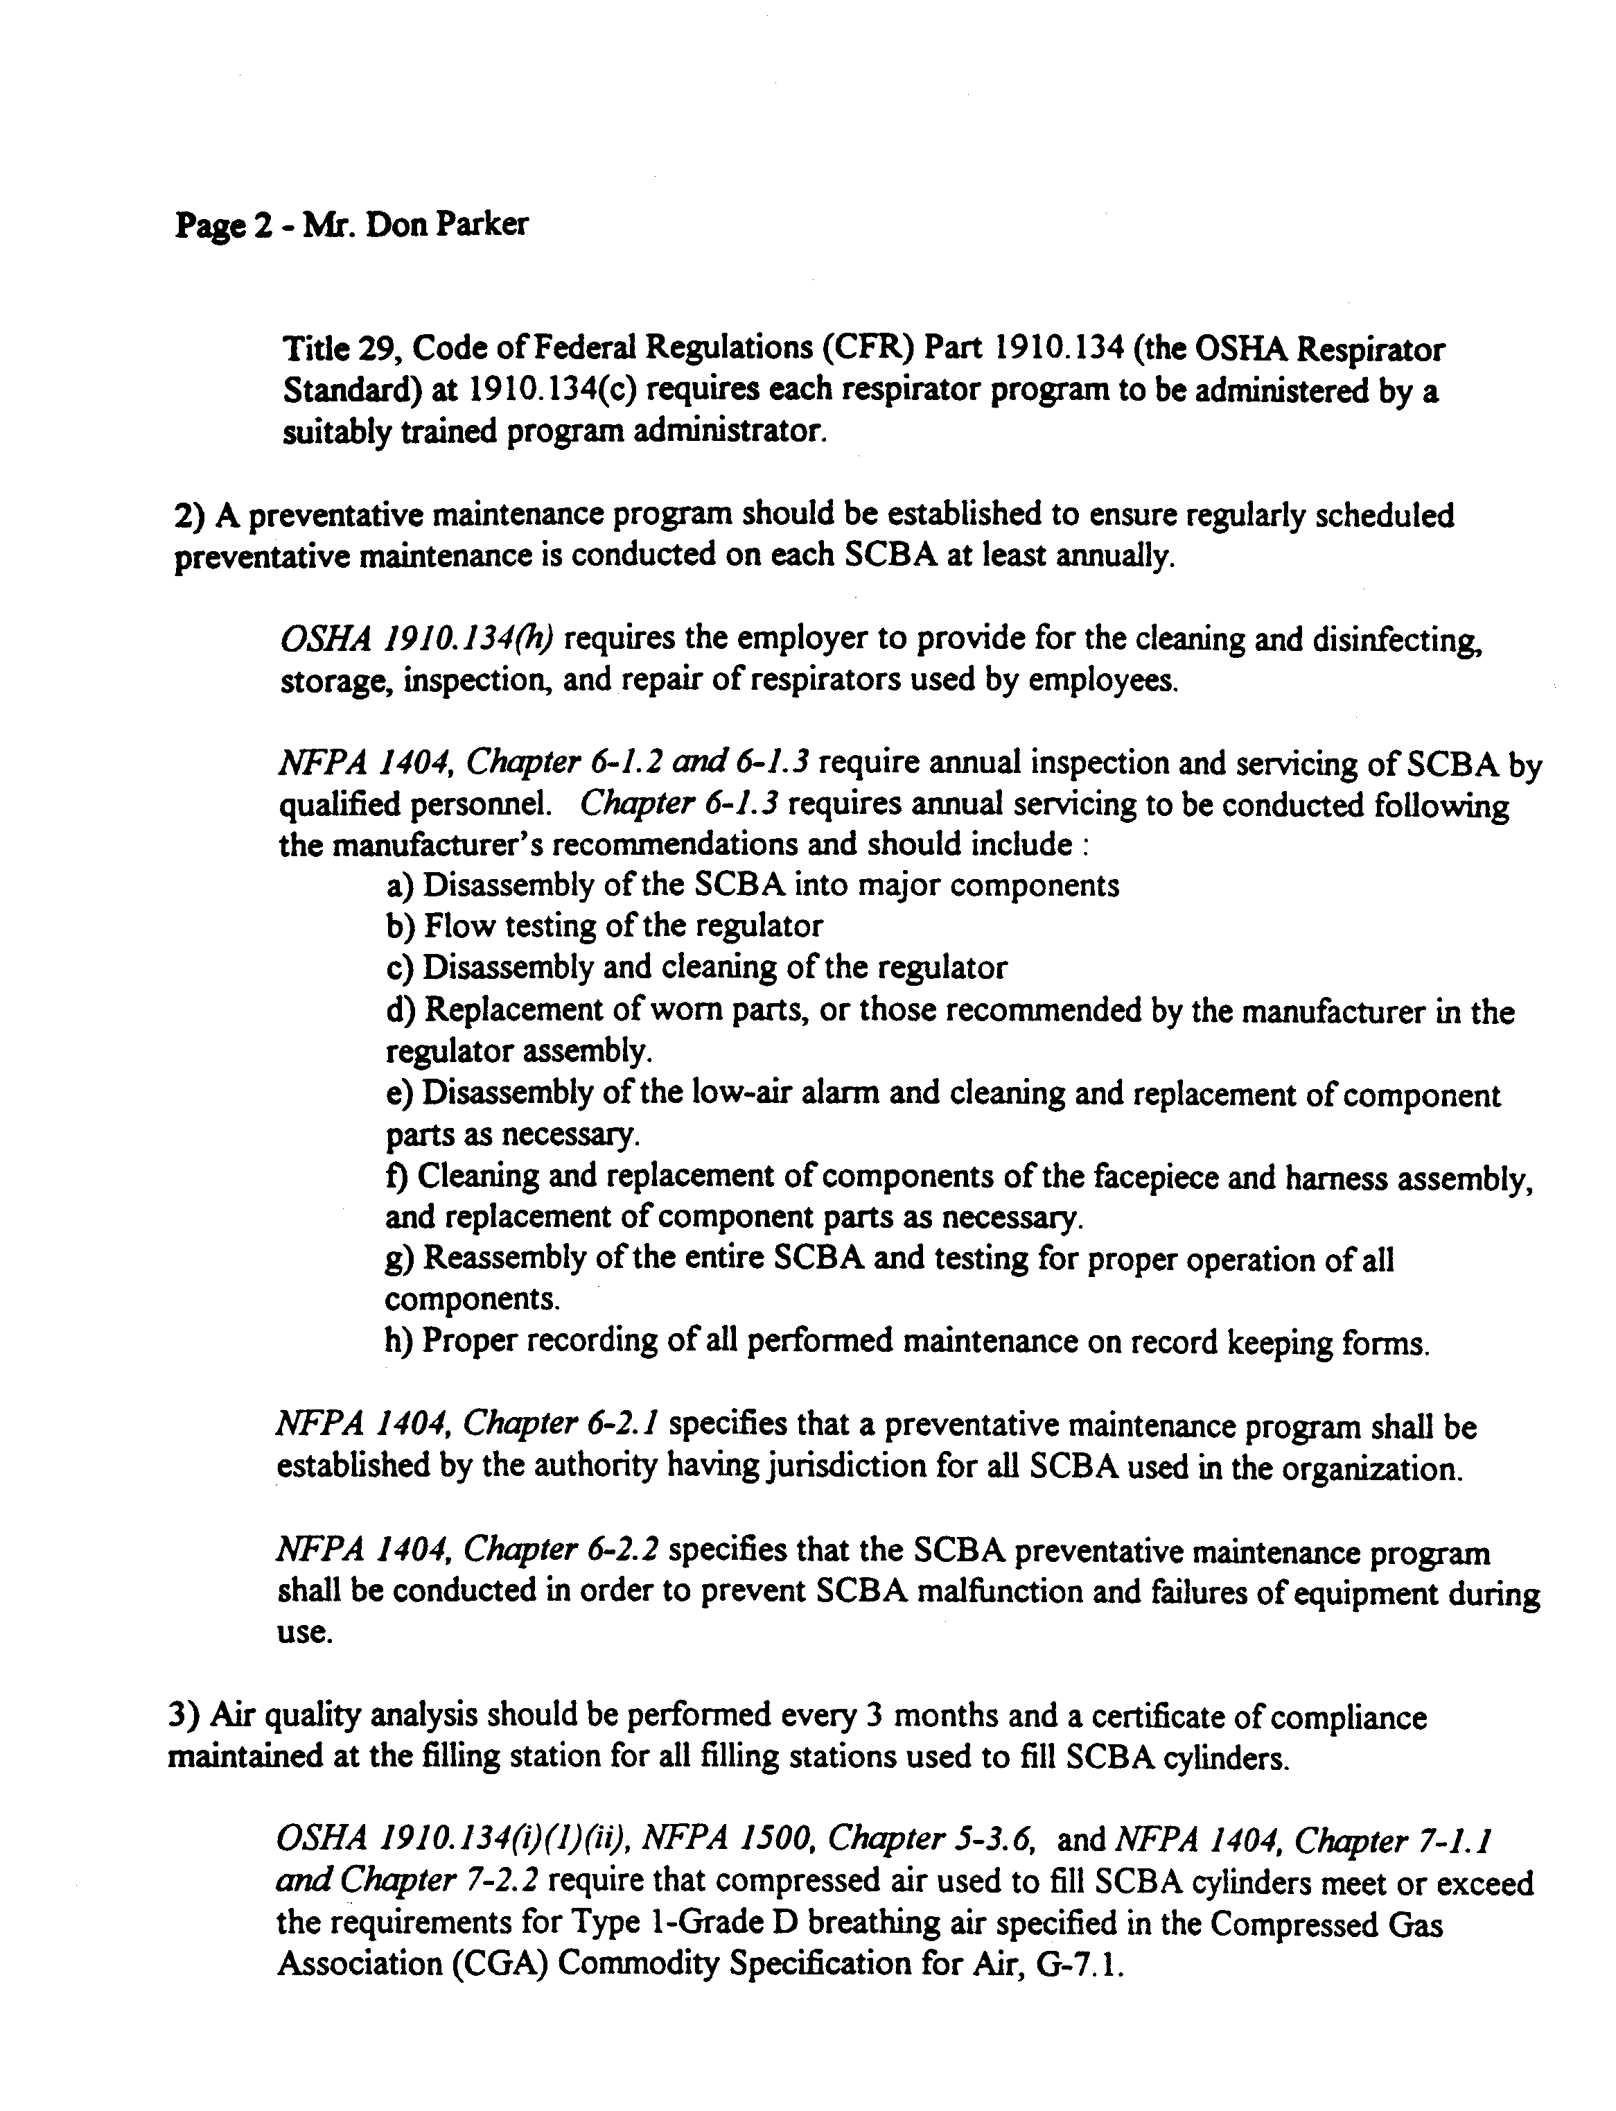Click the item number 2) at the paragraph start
click(x=188, y=516)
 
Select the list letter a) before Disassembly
click(x=399, y=885)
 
